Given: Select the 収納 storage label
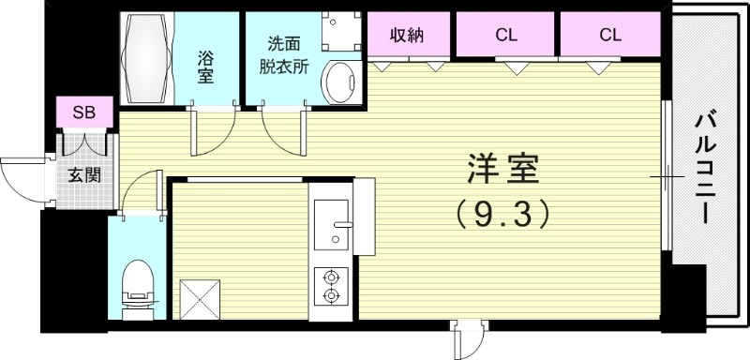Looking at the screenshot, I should (x=408, y=36).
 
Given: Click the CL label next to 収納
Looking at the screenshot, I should (x=506, y=36).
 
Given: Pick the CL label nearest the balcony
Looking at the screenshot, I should (x=610, y=36).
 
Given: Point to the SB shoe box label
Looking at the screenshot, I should (x=84, y=112).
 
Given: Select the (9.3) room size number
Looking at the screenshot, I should (x=502, y=217).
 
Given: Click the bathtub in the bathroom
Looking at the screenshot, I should (x=147, y=60).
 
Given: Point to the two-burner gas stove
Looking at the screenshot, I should (x=331, y=287).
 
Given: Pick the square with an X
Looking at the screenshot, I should (x=197, y=299).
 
